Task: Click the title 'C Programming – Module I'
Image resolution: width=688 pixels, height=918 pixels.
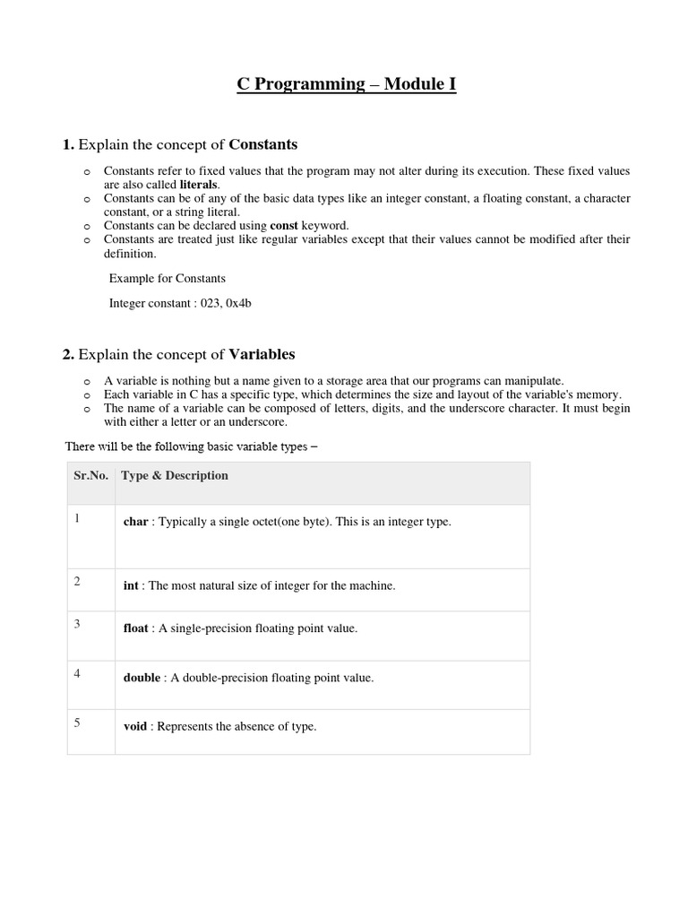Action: click(346, 85)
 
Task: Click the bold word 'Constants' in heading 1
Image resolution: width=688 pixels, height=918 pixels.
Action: click(263, 144)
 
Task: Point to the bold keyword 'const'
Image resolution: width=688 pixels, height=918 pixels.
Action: click(285, 225)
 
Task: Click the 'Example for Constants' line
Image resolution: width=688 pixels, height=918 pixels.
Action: click(167, 278)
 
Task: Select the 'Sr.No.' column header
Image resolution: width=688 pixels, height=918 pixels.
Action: click(90, 476)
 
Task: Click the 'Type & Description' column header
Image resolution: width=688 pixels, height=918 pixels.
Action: click(176, 476)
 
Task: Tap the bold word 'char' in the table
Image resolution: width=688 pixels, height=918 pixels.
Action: click(135, 522)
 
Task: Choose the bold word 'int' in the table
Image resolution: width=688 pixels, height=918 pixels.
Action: click(131, 585)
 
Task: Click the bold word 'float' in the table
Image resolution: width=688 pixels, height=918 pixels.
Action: click(137, 628)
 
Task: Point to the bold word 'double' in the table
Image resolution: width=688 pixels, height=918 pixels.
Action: click(142, 678)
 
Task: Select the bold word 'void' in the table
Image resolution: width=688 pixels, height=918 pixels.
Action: click(134, 726)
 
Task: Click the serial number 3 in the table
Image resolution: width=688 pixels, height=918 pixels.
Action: click(77, 624)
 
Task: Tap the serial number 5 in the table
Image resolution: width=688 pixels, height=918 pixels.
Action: click(77, 723)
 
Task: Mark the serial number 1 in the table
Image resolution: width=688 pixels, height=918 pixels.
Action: click(77, 518)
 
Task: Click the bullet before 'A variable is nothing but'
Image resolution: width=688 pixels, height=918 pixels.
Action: click(86, 381)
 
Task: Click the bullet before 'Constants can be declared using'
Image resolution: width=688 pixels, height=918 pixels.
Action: click(86, 226)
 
